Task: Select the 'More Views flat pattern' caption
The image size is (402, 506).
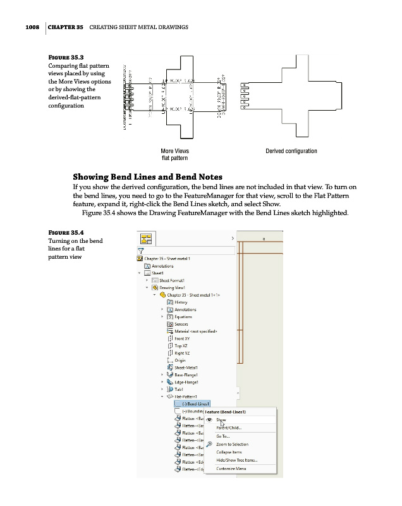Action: click(175, 154)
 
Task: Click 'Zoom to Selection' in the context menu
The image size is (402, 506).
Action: click(232, 444)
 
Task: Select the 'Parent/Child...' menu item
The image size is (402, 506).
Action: click(228, 428)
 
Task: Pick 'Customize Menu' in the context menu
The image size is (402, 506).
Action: click(231, 469)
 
